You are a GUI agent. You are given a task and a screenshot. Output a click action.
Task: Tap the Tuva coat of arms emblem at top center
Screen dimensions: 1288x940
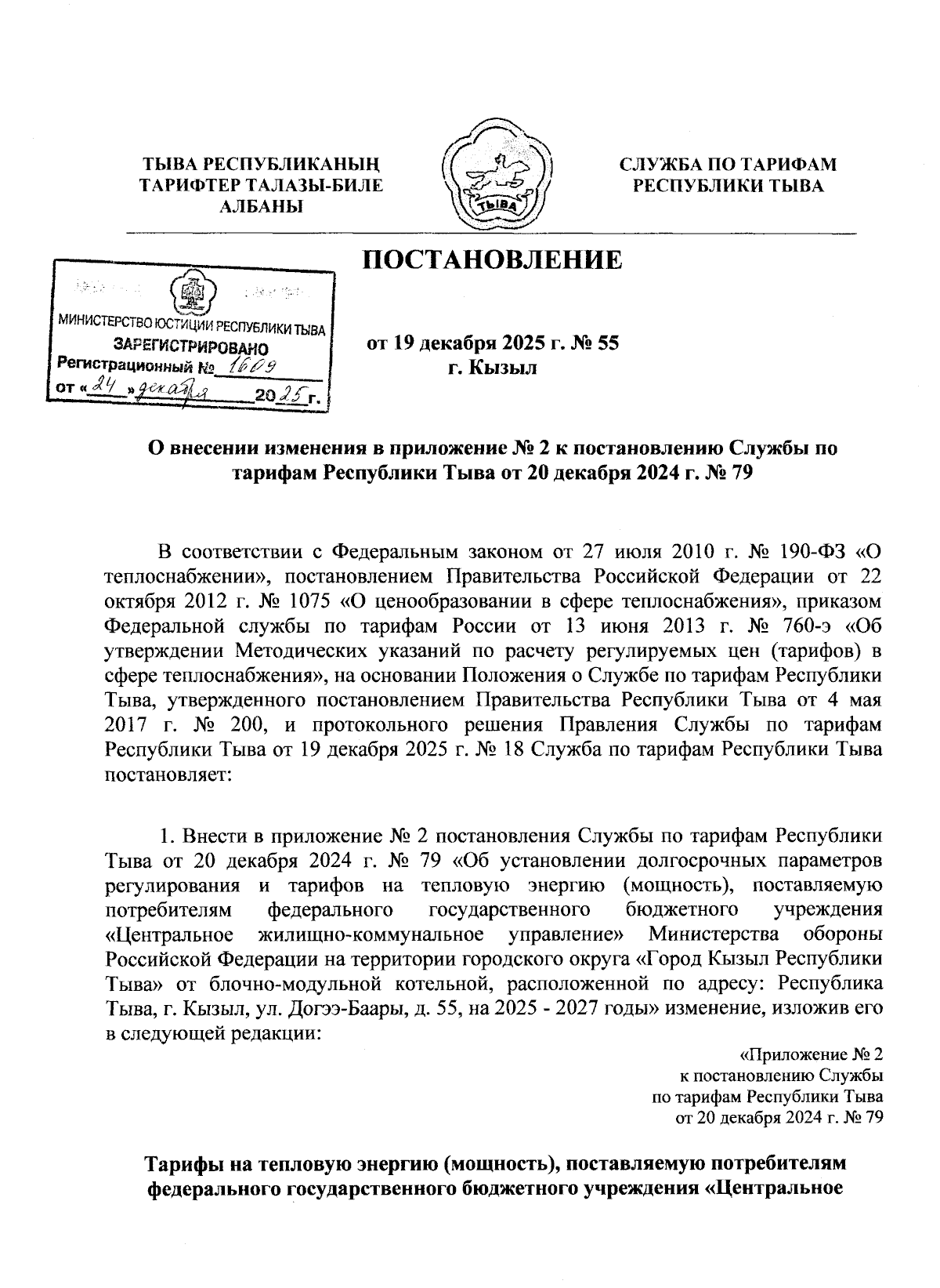[497, 175]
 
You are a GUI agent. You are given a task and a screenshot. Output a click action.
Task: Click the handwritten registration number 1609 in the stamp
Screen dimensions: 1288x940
[249, 365]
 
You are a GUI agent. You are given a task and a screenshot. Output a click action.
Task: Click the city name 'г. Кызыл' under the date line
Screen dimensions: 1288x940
[492, 368]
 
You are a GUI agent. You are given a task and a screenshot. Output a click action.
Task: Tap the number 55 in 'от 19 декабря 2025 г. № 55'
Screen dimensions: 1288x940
[609, 343]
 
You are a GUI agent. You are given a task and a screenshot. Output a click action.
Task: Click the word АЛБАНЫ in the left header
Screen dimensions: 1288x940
[260, 206]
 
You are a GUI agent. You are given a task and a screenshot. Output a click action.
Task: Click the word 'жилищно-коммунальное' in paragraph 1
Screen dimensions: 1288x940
[370, 934]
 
